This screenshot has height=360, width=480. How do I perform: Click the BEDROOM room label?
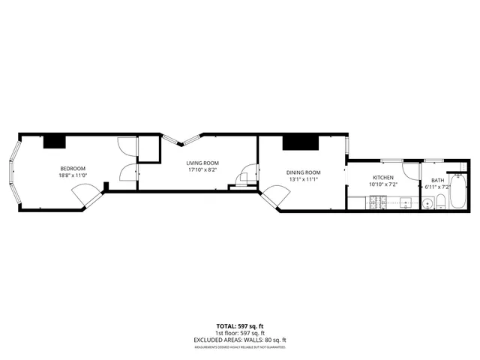click(73, 167)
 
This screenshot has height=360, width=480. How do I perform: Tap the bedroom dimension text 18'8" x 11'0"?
click(73, 175)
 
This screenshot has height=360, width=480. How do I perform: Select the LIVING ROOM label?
click(202, 163)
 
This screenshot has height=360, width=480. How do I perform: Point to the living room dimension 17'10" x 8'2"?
click(202, 169)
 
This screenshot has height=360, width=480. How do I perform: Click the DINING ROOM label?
click(304, 172)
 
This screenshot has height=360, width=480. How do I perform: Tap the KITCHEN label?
click(383, 178)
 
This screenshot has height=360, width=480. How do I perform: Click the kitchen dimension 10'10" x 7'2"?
click(383, 184)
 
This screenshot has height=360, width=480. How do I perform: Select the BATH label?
click(437, 180)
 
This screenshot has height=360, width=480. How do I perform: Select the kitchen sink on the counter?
click(405, 202)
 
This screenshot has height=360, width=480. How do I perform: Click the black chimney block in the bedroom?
click(55, 141)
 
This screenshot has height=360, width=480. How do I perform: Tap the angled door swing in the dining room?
click(274, 196)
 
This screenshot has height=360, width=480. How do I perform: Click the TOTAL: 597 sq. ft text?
click(240, 326)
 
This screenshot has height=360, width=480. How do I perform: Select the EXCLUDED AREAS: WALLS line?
click(240, 340)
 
